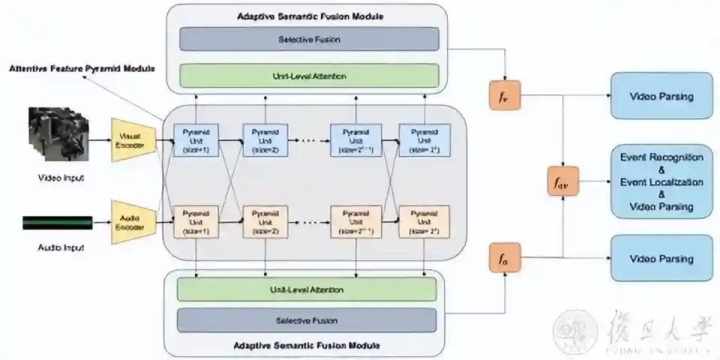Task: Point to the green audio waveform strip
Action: pos(57,222)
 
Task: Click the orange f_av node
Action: pos(563,182)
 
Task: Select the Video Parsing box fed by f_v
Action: pos(661,96)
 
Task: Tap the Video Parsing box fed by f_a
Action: pos(661,259)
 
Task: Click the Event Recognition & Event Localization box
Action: pos(661,181)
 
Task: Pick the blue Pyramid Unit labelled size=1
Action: pos(196,139)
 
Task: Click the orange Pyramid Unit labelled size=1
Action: pos(196,222)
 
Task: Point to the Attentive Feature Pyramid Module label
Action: pos(82,68)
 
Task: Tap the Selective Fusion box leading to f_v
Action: pos(308,39)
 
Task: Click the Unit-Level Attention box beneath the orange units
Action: pos(306,289)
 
